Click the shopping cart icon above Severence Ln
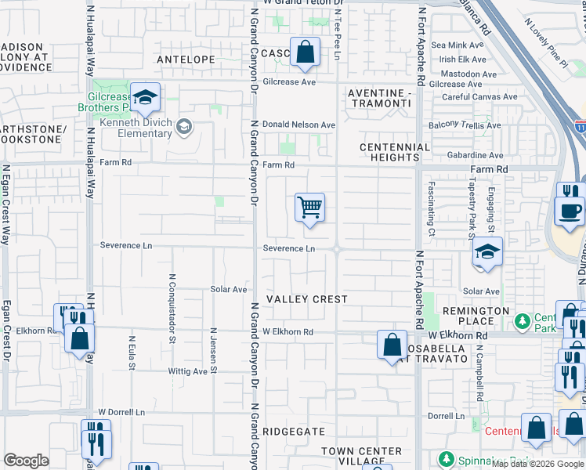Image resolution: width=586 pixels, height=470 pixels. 309,208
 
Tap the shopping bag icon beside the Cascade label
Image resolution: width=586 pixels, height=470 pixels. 305,52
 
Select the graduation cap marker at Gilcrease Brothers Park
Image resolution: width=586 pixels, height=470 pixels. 145,97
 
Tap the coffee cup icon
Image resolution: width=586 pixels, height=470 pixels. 569,211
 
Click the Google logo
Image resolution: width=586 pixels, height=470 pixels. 26,460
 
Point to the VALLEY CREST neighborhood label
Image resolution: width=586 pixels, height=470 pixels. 306,299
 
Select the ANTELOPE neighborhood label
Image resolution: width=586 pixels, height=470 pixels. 186,59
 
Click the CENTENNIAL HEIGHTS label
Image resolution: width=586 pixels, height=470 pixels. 395,152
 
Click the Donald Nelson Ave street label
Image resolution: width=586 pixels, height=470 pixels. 298,125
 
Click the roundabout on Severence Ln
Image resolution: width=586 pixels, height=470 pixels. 337,249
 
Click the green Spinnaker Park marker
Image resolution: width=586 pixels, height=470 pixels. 447,457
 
